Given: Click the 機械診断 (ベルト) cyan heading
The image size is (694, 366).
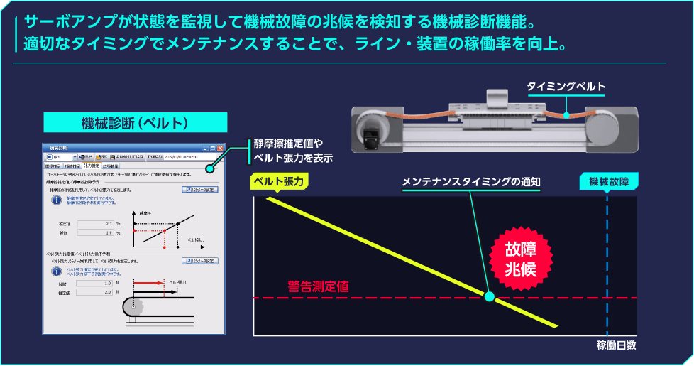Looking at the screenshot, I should (135, 123).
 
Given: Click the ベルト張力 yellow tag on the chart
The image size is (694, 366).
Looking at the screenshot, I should (278, 181).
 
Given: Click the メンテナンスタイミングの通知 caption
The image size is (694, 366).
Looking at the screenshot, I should (471, 182).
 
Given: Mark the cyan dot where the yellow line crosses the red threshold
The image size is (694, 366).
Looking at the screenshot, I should (489, 296).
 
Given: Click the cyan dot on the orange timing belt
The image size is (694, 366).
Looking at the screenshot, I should (566, 113).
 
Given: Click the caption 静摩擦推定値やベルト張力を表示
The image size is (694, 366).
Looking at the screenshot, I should (292, 151).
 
